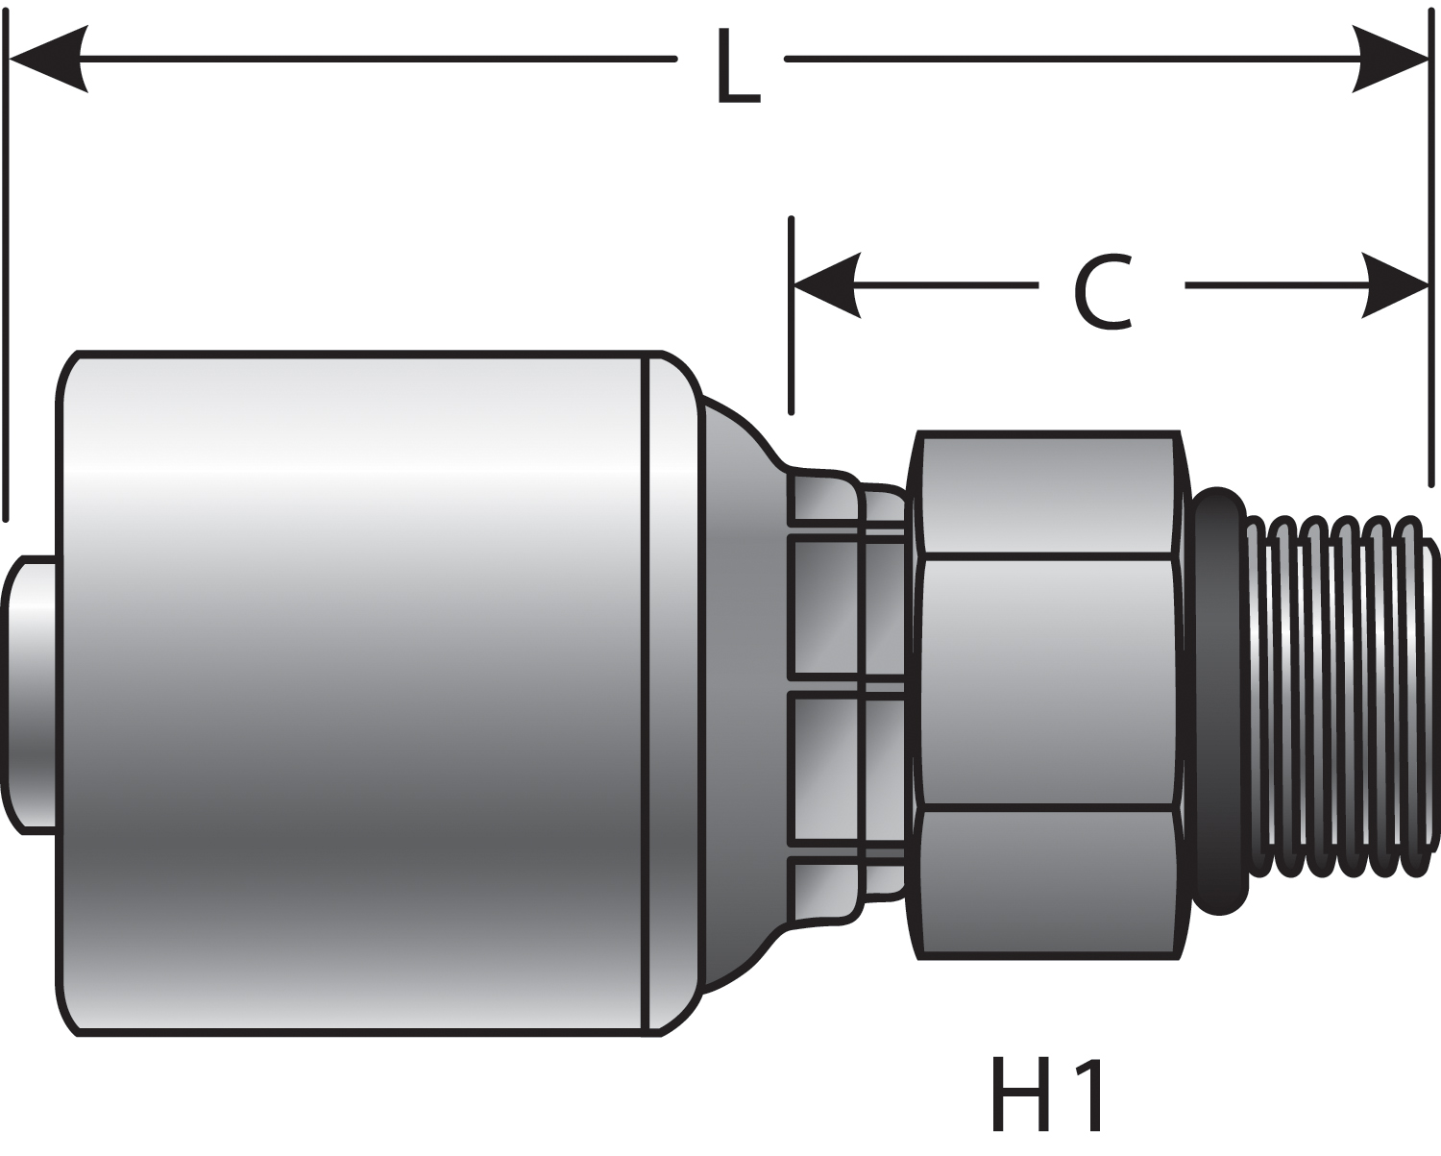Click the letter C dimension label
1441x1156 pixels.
[1103, 292]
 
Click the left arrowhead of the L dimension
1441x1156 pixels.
[48, 60]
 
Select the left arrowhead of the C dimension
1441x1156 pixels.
[826, 285]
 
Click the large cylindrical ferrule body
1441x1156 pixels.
[355, 692]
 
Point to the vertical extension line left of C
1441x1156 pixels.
[791, 317]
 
